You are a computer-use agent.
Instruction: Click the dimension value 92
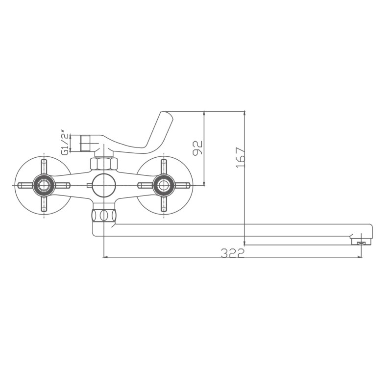(x=197, y=148)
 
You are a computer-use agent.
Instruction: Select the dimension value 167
(x=240, y=157)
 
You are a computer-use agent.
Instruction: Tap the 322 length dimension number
(x=232, y=252)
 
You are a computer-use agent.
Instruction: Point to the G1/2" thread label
(x=64, y=142)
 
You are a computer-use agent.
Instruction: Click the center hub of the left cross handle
(x=44, y=185)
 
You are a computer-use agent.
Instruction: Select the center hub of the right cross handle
(x=164, y=185)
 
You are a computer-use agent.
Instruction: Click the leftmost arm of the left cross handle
(x=24, y=185)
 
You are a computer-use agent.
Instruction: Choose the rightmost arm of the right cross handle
(x=182, y=185)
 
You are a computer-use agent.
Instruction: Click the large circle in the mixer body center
(x=104, y=185)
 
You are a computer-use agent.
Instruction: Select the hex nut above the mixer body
(x=104, y=164)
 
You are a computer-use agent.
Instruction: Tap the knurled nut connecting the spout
(x=104, y=215)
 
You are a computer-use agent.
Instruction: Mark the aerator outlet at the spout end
(x=362, y=242)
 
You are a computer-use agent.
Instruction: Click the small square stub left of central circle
(x=89, y=185)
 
